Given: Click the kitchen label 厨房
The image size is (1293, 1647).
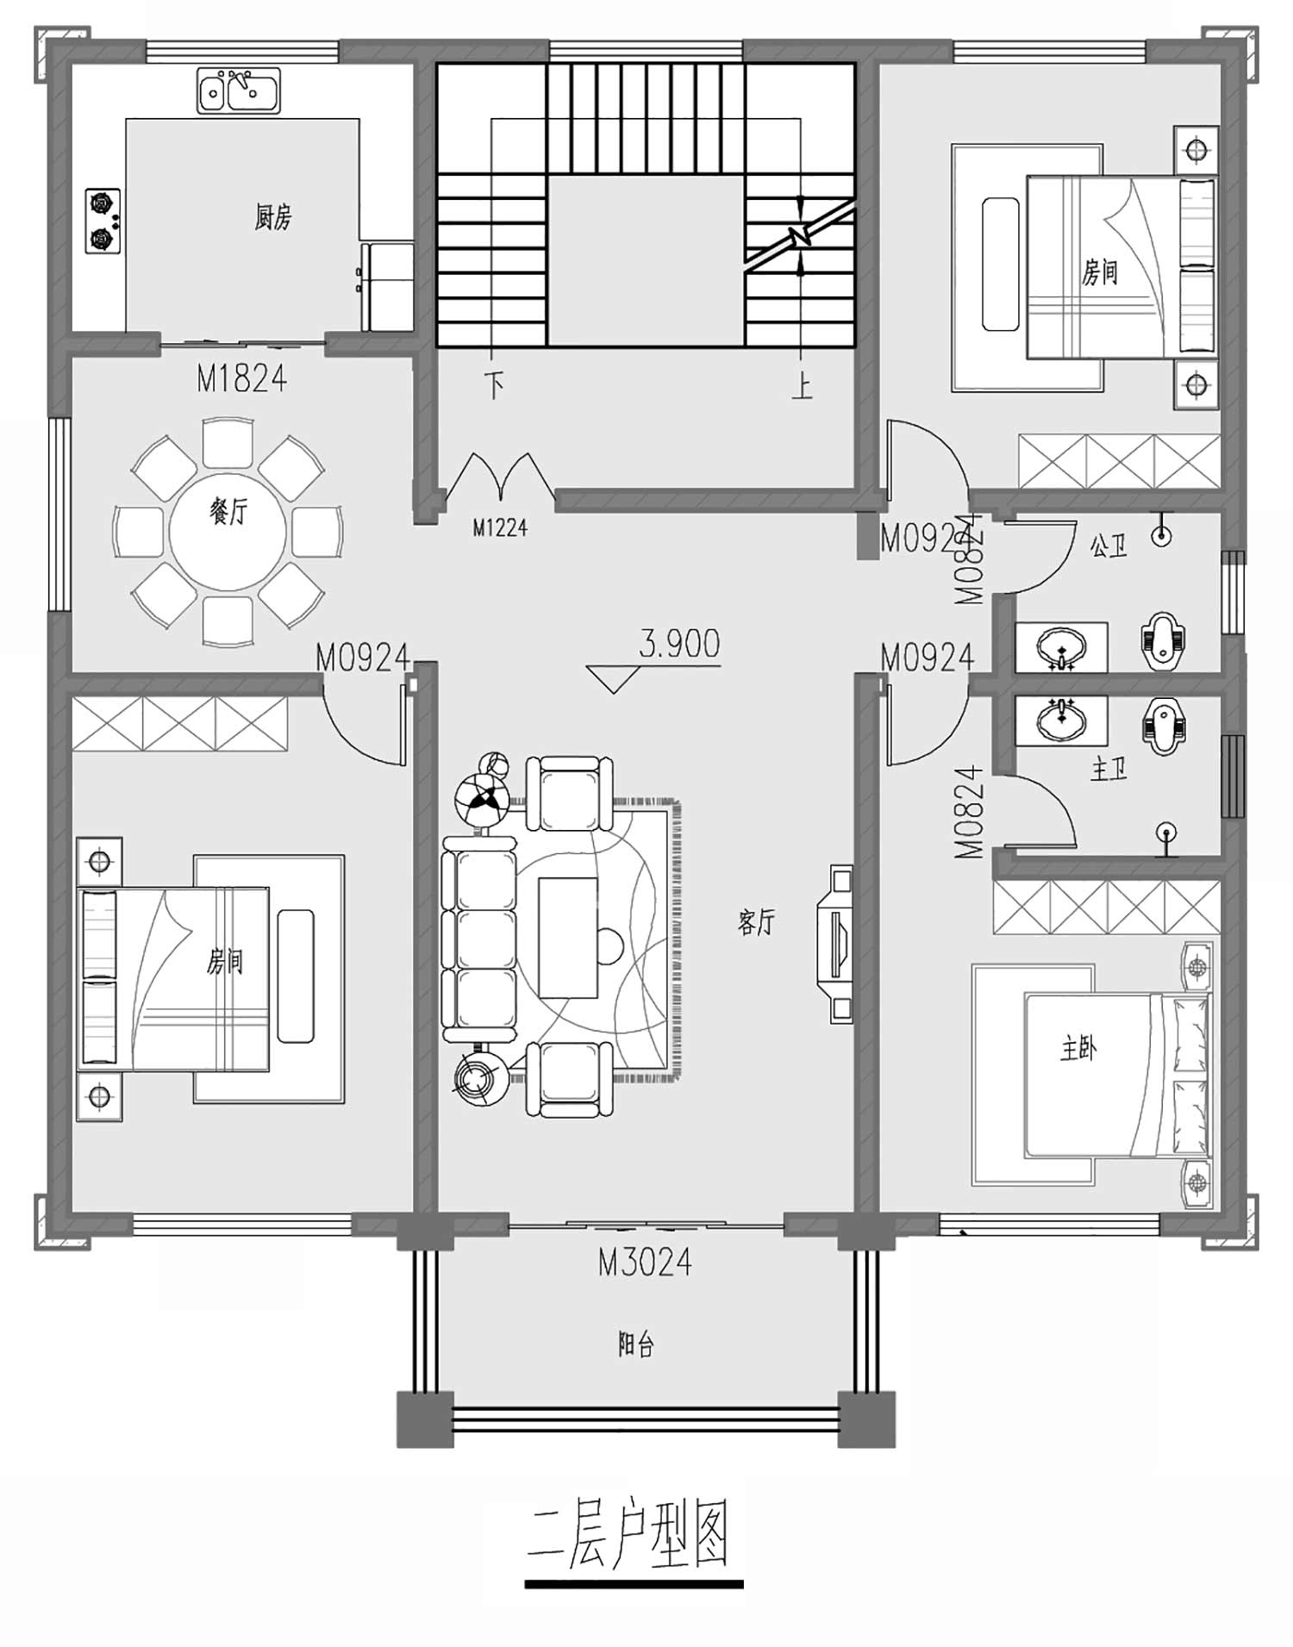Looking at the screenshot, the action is point(272,217).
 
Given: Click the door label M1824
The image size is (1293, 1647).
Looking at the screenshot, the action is point(241,379).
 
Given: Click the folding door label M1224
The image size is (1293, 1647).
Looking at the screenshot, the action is point(500,527).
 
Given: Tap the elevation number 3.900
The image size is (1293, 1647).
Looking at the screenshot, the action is point(679,644).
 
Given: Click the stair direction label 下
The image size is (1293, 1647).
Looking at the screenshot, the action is point(493,385).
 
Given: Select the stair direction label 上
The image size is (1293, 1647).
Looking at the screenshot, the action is point(803,385).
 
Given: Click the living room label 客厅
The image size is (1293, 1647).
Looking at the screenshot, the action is point(757,922).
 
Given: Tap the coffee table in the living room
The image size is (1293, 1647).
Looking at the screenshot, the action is point(568,938).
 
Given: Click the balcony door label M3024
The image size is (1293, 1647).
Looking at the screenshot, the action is point(646,1263).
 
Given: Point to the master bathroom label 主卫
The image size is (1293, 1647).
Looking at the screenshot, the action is point(1109,768).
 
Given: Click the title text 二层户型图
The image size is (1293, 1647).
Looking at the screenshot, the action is point(629,1535).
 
